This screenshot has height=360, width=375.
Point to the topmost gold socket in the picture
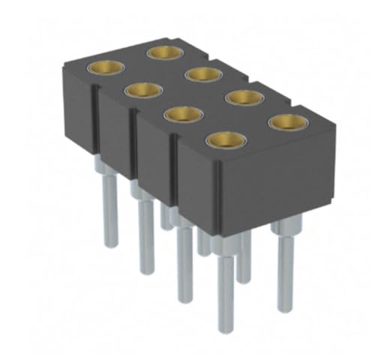point(164,52)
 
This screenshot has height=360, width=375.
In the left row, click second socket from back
point(143,90)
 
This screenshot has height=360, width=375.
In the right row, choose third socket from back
point(244,97)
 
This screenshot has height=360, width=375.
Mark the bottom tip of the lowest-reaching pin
point(222,330)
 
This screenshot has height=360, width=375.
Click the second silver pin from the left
point(144,232)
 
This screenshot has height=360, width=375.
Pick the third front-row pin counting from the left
point(184,262)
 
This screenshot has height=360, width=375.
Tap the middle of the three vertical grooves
point(136,150)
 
